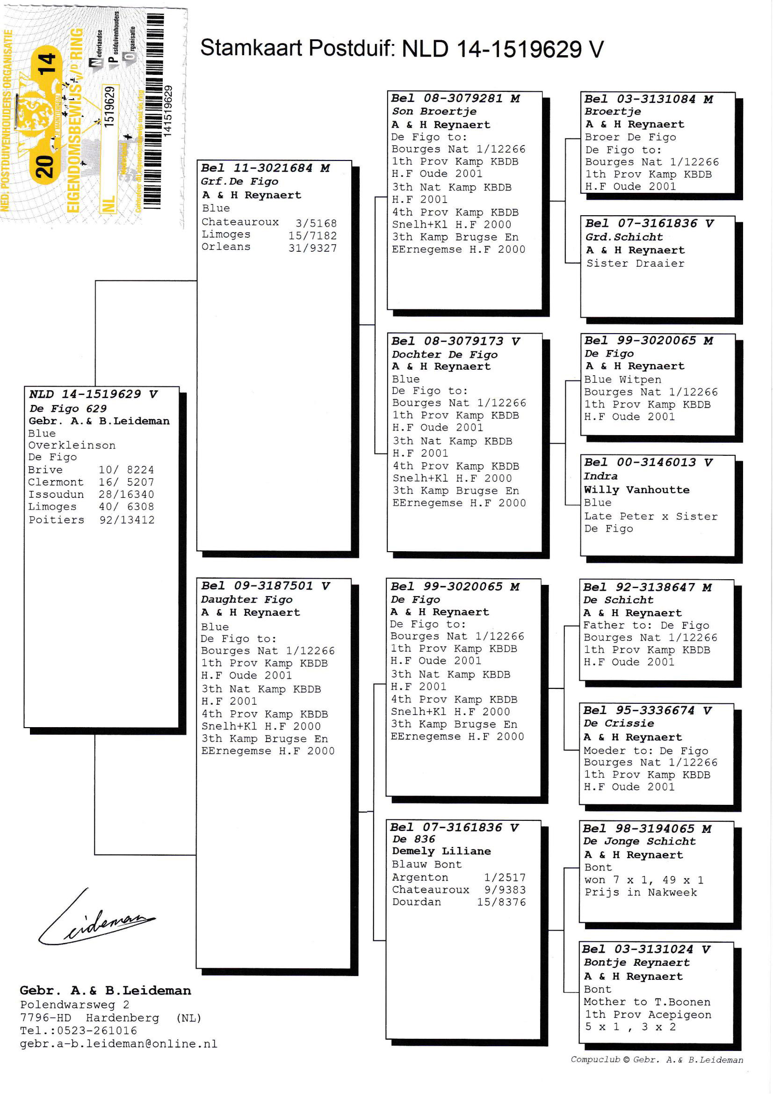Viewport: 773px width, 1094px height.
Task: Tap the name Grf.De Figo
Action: tap(239, 182)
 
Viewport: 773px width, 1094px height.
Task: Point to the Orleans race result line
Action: tap(269, 247)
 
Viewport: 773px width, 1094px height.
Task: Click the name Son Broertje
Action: tap(434, 111)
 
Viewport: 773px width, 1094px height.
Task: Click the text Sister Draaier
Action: tap(635, 263)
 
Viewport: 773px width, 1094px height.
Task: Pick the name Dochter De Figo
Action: tap(444, 355)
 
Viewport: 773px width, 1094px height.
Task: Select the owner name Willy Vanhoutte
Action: tap(636, 490)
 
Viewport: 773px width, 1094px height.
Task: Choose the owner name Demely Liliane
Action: tap(441, 851)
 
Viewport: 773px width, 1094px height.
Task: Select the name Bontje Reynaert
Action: tap(636, 963)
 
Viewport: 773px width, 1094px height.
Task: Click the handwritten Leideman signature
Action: tap(98, 919)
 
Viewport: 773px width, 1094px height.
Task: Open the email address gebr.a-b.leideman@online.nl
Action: tap(118, 1044)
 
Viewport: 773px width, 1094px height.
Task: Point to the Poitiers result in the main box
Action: tap(92, 520)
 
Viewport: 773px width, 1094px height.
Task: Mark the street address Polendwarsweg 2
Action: tap(74, 1005)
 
